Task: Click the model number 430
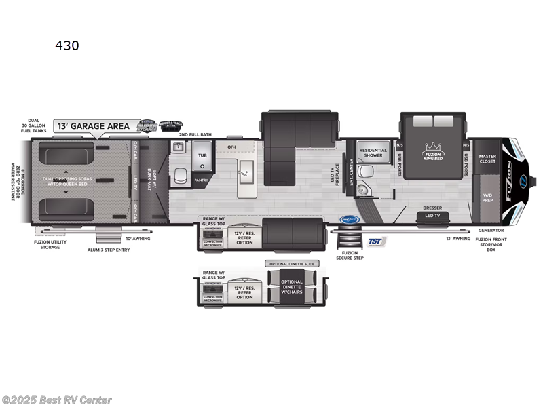click(x=67, y=45)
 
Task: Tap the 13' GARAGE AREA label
click(x=94, y=125)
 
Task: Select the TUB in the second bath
click(x=203, y=154)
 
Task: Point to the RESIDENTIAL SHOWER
click(x=373, y=153)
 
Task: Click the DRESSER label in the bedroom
click(x=432, y=208)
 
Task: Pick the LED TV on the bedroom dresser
click(x=432, y=216)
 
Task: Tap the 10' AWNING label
click(x=138, y=239)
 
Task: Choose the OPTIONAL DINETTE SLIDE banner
click(x=294, y=263)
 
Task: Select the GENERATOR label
click(x=490, y=230)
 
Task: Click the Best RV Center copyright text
click(x=57, y=400)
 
